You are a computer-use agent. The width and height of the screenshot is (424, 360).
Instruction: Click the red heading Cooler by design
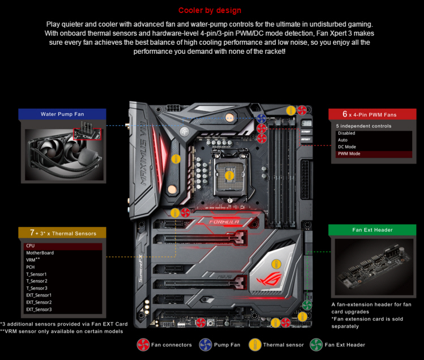coord(209,10)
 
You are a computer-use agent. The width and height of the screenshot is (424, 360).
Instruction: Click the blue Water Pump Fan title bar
coord(62,114)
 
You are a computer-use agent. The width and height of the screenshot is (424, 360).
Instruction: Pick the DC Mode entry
coord(347,147)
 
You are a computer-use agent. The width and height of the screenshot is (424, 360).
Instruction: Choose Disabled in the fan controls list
coord(346,133)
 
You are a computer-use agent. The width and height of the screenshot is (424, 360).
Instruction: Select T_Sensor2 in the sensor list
coord(37,281)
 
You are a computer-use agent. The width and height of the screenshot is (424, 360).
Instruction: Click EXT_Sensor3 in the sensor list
coord(39,310)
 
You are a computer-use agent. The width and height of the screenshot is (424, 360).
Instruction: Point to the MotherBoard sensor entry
coord(40,253)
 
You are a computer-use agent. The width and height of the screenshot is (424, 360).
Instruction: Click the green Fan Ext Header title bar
coord(372,230)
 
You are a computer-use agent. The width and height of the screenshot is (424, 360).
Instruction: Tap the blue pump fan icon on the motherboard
coord(261,118)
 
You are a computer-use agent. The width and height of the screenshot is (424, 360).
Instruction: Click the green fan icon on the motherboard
coord(307,305)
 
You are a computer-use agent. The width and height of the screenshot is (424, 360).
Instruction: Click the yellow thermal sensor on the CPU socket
coord(230,175)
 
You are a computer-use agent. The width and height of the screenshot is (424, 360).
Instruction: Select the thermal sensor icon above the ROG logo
coord(276,264)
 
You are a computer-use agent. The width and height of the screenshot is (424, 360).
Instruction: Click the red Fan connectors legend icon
coord(143,345)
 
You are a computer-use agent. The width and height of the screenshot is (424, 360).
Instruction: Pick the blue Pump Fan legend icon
coord(205,345)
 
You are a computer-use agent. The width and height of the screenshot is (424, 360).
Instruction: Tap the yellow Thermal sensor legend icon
coord(255,345)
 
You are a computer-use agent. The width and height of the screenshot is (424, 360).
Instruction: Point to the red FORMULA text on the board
coord(224,222)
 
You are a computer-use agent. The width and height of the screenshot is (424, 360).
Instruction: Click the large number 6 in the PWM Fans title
coord(345,114)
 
